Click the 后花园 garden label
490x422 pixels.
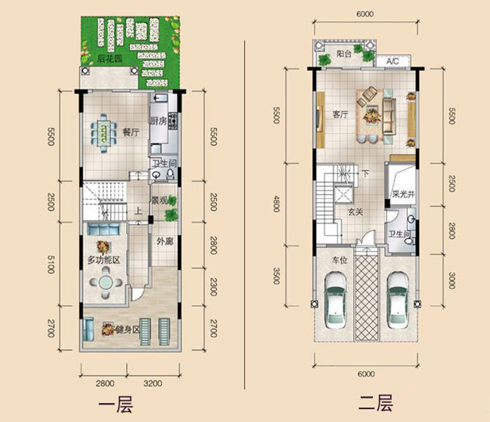tap(110, 58)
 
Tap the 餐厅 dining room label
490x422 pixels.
tap(131, 132)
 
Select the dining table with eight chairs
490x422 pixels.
tap(103, 133)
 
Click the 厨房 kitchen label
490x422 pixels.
tap(158, 121)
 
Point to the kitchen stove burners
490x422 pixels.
tap(172, 121)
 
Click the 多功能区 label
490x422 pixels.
tap(103, 260)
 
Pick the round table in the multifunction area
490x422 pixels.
tap(106, 283)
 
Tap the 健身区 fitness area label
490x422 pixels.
tap(127, 329)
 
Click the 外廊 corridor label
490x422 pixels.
tap(165, 241)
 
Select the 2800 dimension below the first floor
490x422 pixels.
tap(105, 383)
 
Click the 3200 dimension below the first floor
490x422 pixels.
tap(153, 383)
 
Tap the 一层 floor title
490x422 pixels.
tap(116, 405)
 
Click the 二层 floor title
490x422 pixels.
tap(376, 403)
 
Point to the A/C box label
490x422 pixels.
tap(393, 61)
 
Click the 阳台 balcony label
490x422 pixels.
tap(344, 53)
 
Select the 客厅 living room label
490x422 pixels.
tap(340, 115)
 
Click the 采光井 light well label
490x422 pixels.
tap(403, 194)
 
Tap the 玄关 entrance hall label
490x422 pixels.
tap(356, 212)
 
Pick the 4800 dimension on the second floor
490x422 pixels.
tap(276, 203)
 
